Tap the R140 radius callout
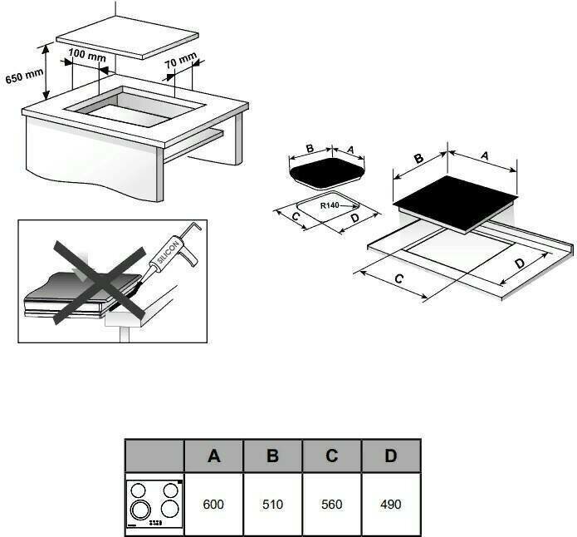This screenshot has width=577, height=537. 330,204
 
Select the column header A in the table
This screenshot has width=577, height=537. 213,456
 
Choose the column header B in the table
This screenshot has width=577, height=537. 272,456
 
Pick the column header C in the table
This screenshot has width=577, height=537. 331,456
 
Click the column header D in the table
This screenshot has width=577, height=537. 390,456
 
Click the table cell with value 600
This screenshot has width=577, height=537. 213,505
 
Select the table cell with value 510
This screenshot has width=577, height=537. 272,505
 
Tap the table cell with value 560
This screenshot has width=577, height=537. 331,505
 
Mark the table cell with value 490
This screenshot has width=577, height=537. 390,505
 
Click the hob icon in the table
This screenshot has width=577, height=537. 154,505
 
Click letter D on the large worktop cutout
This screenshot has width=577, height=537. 520,264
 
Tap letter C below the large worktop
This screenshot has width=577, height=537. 400,281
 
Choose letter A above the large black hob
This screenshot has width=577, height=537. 484,155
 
